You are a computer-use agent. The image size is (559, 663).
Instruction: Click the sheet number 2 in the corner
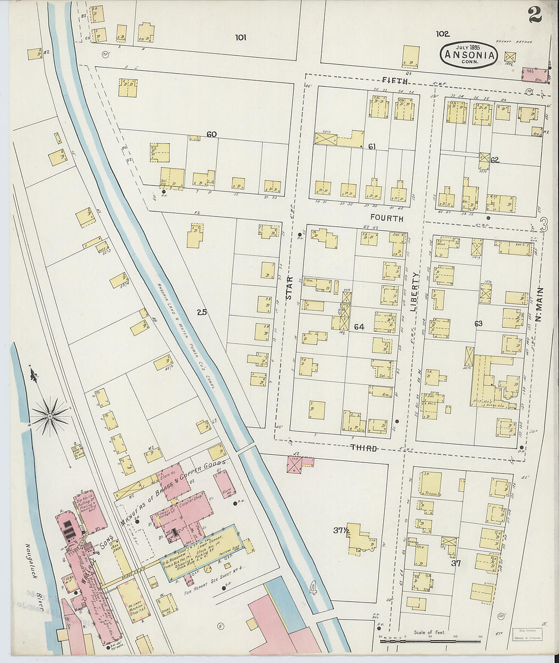(x=535, y=15)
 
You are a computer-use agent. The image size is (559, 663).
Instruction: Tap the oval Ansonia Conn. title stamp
(x=468, y=54)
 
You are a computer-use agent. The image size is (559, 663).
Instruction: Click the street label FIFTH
(x=395, y=81)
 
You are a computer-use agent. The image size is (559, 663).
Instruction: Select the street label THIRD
(x=364, y=448)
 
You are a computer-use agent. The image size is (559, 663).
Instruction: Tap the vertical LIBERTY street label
(x=415, y=291)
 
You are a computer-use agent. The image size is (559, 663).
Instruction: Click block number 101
(x=241, y=37)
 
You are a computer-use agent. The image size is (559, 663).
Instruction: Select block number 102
(x=442, y=34)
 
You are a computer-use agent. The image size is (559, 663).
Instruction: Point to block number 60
(x=211, y=135)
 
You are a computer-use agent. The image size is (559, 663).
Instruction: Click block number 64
(x=359, y=327)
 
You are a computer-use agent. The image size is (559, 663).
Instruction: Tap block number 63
(x=478, y=324)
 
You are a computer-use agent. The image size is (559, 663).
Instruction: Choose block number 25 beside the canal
(x=202, y=312)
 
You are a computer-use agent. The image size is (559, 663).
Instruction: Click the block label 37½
(x=340, y=530)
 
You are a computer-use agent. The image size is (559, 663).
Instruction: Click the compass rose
(x=50, y=416)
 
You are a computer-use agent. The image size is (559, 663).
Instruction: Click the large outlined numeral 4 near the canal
(x=313, y=589)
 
